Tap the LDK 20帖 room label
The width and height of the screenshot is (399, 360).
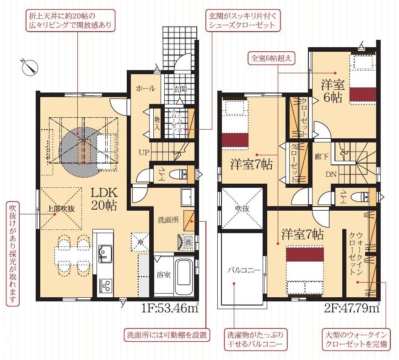coord(104,199)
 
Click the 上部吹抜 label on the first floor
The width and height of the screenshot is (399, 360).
coord(61,209)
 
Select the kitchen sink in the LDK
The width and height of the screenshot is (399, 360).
coord(105,254)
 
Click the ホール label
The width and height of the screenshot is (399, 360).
coord(145,89)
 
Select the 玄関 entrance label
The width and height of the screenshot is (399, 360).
coord(180,89)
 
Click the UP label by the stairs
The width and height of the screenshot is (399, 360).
coord(144,153)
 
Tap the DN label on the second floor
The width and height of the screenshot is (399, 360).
coord(331,174)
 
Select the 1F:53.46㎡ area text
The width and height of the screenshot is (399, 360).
coord(170,308)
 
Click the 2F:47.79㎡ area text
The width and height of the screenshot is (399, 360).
coord(352,308)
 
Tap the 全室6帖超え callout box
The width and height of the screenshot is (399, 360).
coord(271,58)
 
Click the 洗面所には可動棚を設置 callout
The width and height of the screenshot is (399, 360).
coord(167,334)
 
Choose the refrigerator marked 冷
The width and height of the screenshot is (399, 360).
coord(140,242)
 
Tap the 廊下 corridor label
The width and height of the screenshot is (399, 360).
coord(321,157)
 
